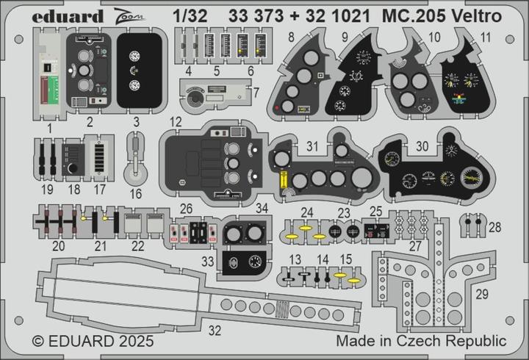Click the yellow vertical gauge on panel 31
coord(281,179)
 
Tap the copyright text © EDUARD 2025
coord(93,342)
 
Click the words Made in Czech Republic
coord(421,342)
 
